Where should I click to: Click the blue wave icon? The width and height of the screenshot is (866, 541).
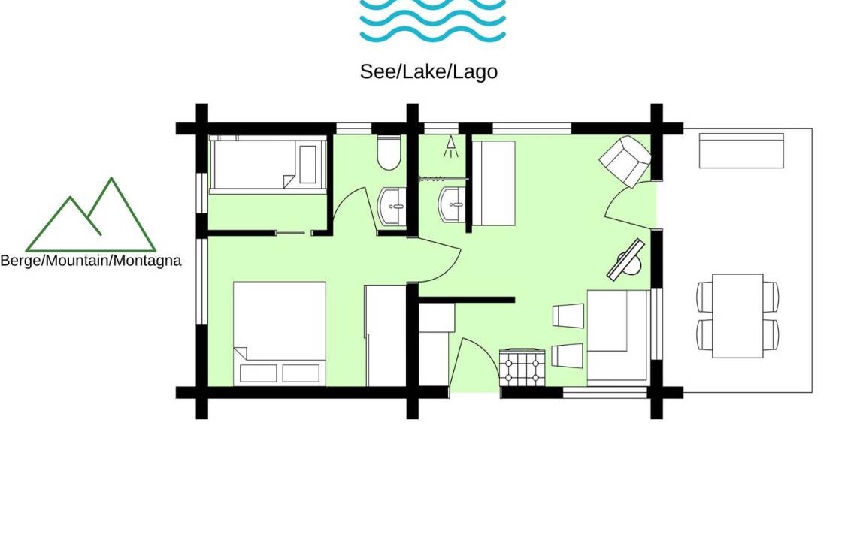coord(432,21)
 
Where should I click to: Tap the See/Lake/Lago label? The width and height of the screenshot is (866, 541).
coord(428,72)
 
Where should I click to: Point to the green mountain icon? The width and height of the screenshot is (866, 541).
coord(90,215)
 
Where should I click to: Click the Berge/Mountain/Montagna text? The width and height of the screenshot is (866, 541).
coord(90,261)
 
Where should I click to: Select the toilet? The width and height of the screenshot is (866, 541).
coord(389,153)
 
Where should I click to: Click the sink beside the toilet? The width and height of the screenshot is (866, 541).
coord(392,206)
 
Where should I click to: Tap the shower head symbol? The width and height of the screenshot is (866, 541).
coord(451,147)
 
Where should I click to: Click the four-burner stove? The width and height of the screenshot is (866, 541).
coord(522,367)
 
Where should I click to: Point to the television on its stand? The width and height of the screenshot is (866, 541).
coord(627,260)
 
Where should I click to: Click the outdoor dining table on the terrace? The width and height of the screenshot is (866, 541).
coord(737,316)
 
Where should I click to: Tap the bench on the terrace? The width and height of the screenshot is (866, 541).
coord(741,150)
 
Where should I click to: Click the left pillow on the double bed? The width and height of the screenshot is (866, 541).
coord(258,373)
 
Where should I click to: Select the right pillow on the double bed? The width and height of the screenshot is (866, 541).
coord(301,373)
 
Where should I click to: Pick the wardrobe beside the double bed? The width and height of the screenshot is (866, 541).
coord(386,336)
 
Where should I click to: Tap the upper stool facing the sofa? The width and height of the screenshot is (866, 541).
coord(568,316)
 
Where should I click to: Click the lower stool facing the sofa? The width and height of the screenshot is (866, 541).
coord(568,355)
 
